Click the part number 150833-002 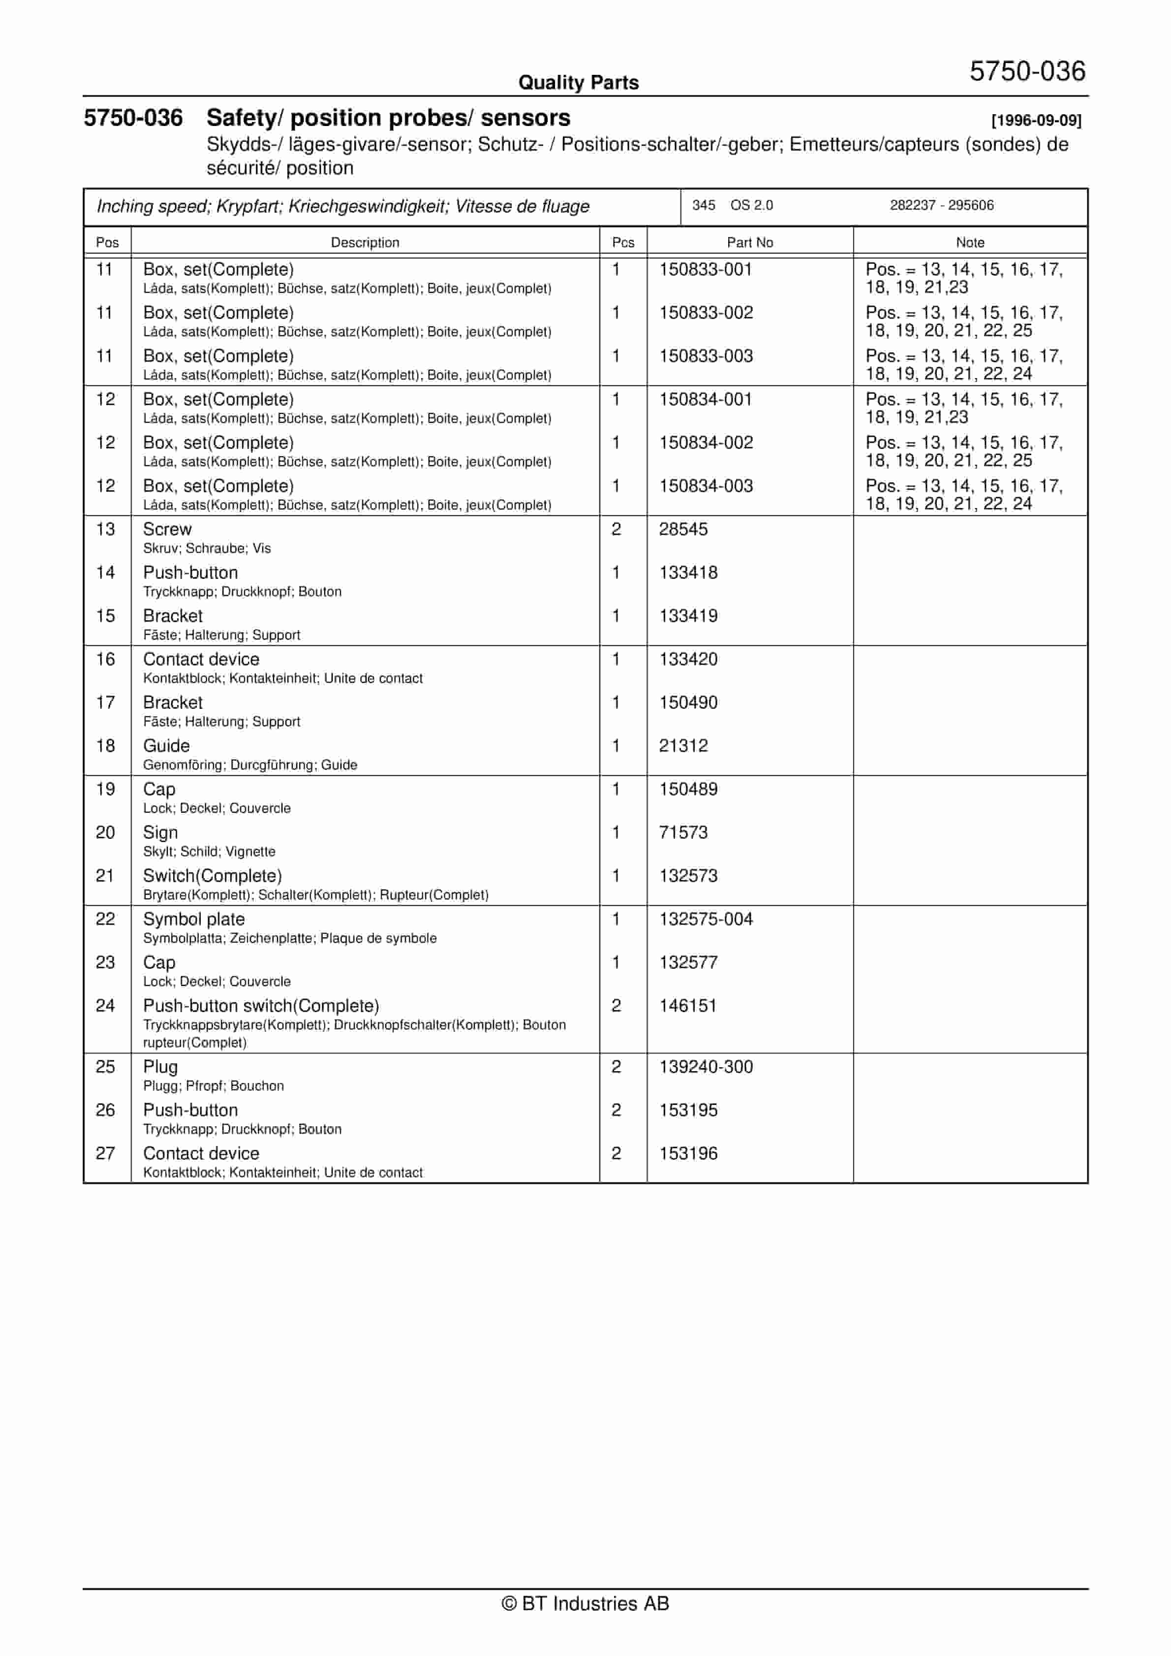[x=706, y=313]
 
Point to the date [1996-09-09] [x=1036, y=121]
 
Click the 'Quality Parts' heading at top [x=578, y=82]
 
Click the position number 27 [x=105, y=1153]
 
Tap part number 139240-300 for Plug [x=706, y=1067]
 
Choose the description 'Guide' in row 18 [x=167, y=746]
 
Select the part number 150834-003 [x=706, y=486]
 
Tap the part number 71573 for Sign [x=683, y=832]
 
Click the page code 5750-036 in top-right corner [x=1027, y=71]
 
